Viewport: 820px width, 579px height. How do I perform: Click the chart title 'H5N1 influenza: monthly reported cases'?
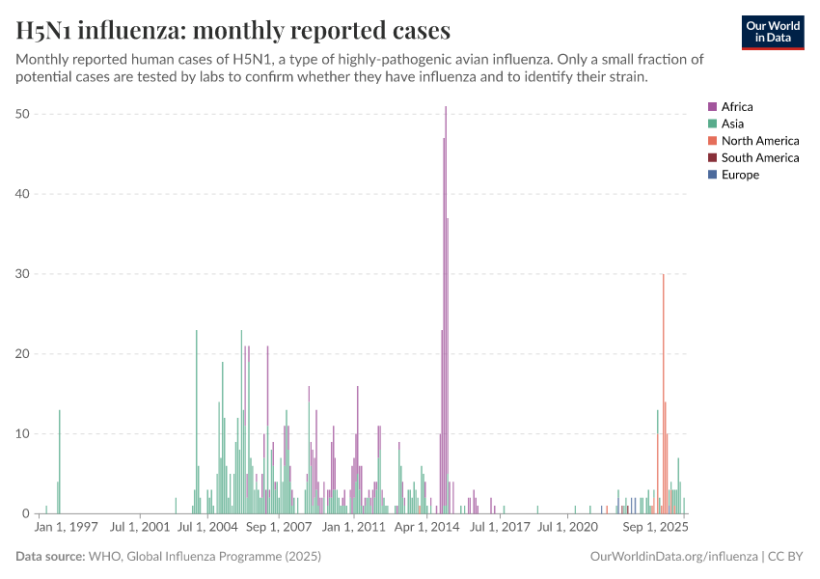(232, 31)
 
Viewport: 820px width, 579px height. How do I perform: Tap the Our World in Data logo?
(772, 32)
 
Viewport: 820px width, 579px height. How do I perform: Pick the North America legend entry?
(759, 141)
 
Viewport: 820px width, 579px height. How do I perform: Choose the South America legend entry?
(759, 157)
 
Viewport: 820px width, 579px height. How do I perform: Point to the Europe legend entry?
(740, 175)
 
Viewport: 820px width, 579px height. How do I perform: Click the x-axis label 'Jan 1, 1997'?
(67, 528)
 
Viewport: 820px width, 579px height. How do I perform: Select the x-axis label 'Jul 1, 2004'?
(209, 528)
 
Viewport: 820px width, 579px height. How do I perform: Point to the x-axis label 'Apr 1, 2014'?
(427, 528)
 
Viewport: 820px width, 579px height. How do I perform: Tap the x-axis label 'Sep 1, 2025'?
(655, 528)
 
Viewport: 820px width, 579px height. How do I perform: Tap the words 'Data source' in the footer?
(50, 557)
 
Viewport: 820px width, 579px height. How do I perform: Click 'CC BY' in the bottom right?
(786, 557)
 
